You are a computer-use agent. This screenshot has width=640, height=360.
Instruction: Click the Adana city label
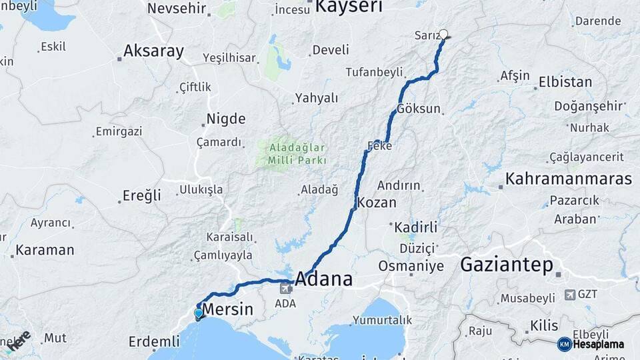coord(323,279)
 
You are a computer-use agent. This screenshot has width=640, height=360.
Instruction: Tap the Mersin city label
coord(227,309)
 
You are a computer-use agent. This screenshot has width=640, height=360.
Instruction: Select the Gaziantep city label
coord(507,265)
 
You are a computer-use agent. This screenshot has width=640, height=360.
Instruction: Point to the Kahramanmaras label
coord(568,179)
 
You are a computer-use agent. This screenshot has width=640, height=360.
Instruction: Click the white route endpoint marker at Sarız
coord(443,33)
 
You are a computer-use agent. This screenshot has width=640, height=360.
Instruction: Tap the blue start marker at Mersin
coord(199,313)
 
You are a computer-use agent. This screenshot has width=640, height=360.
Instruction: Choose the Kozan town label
coord(377,203)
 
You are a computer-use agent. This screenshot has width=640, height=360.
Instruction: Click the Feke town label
coord(379,145)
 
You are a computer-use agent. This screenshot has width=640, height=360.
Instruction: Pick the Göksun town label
coord(418,109)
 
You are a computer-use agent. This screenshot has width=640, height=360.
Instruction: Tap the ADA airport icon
coord(286,288)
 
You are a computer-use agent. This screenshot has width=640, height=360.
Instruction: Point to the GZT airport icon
coord(570,294)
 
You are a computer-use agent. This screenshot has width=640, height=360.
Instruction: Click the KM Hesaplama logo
coord(591,344)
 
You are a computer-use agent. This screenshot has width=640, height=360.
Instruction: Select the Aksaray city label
coord(153,51)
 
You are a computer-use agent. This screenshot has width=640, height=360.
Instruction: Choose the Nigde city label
coord(225,119)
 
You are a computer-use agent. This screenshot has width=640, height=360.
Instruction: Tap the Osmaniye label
coord(411,266)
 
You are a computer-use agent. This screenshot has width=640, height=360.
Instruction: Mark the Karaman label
coord(45,251)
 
